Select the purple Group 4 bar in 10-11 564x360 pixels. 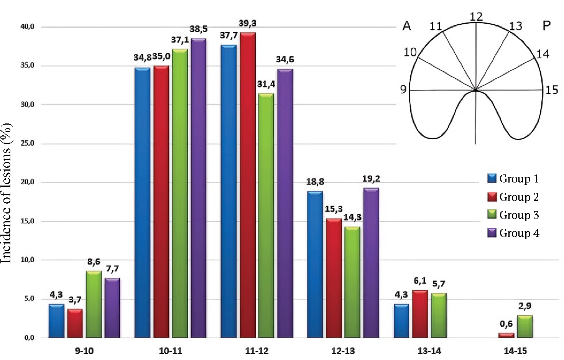tap(198, 188)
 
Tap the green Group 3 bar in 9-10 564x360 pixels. tap(94, 304)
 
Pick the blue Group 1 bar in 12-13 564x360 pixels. tap(314, 265)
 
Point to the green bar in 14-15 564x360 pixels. tap(525, 327)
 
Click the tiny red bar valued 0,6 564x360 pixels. tap(506, 335)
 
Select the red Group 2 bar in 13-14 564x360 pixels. tap(420, 314)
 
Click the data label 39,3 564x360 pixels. tap(247, 24)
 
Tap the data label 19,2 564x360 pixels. tap(371, 179)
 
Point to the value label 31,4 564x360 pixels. tap(266, 84)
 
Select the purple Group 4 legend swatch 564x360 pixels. tap(492, 233)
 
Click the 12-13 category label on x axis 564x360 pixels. tap(343, 351)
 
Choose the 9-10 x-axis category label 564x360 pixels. tap(84, 351)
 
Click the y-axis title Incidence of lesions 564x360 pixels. tap(7, 193)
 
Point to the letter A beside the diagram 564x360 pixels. tap(406, 26)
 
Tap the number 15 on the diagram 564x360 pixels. tap(551, 90)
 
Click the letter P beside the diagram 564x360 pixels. tap(546, 26)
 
